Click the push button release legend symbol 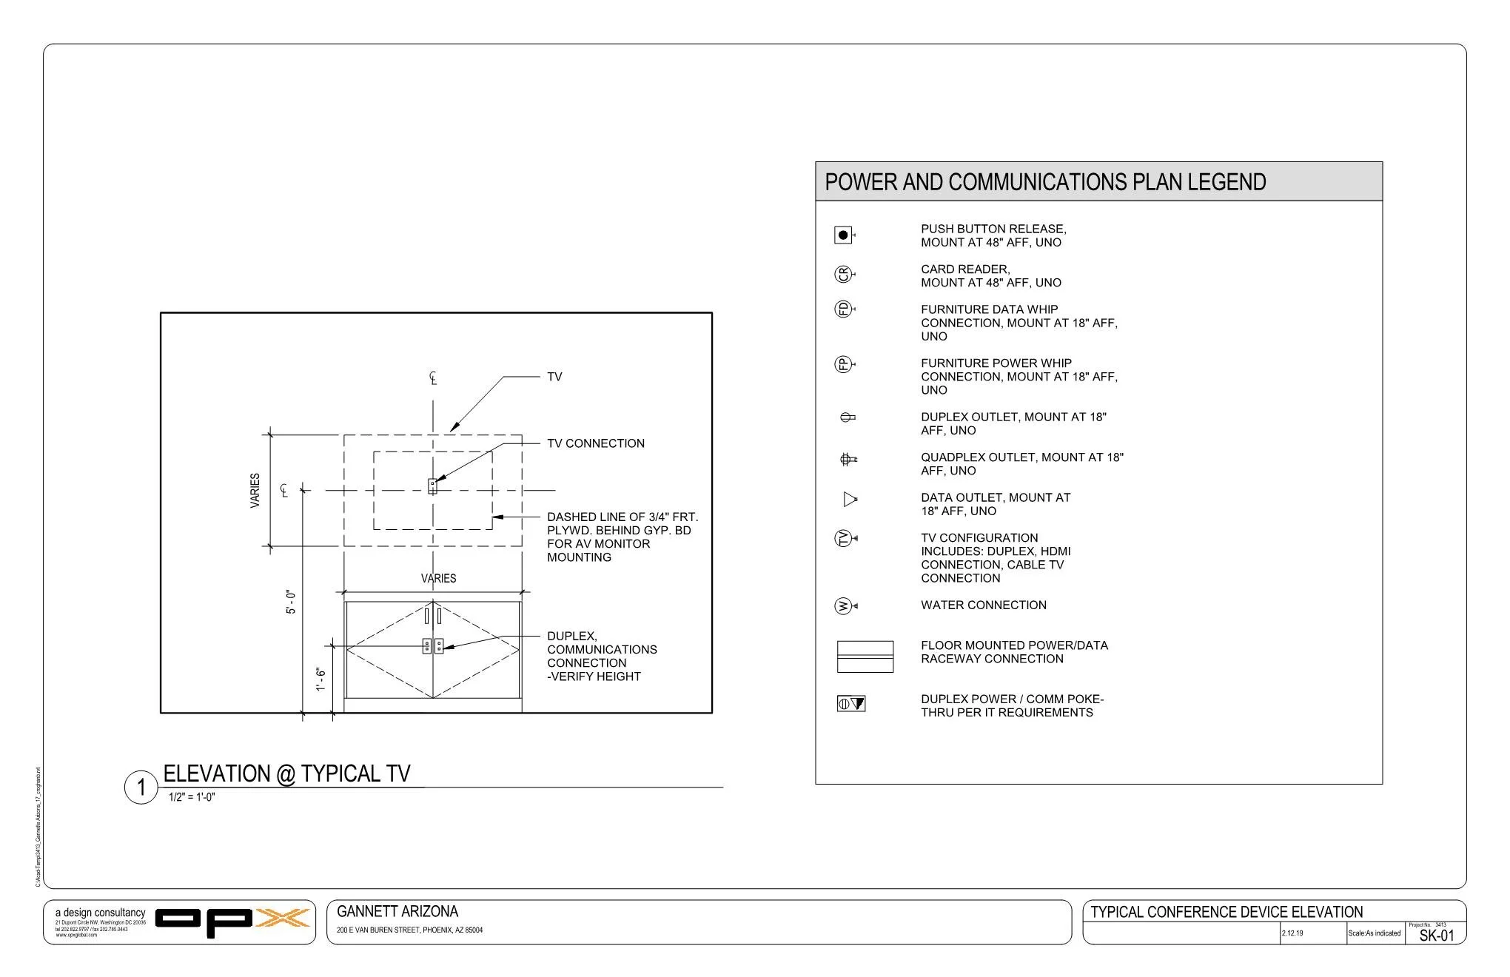click(x=843, y=235)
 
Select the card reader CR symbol click(x=843, y=275)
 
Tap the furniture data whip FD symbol click(x=843, y=309)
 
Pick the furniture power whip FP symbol click(x=843, y=364)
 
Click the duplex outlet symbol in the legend click(x=848, y=417)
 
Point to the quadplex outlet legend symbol click(x=848, y=460)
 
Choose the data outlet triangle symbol click(x=850, y=500)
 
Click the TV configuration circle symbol click(x=843, y=539)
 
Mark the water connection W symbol click(x=843, y=606)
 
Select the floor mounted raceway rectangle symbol click(x=865, y=657)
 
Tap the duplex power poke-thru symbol click(x=850, y=704)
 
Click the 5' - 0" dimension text click(x=292, y=602)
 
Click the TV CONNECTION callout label click(x=595, y=443)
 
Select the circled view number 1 click(x=141, y=787)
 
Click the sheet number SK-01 click(x=1436, y=936)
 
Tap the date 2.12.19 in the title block click(x=1292, y=933)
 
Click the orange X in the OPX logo click(x=282, y=919)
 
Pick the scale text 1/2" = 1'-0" click(x=192, y=797)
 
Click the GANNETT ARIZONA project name click(x=397, y=912)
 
